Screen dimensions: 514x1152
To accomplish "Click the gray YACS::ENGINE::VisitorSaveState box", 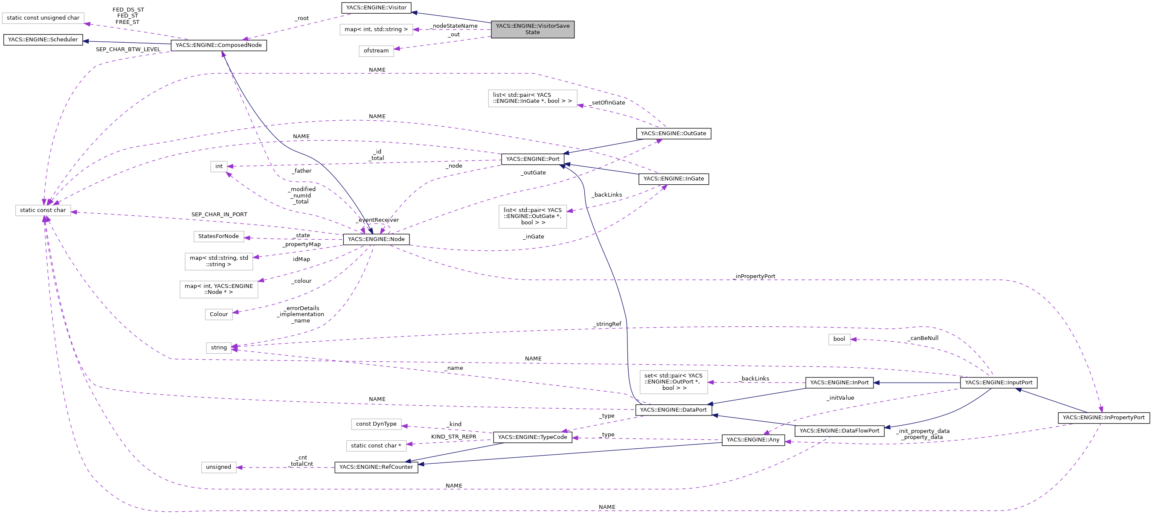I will pyautogui.click(x=532, y=29).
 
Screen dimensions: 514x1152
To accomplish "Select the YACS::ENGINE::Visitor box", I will pyautogui.click(x=376, y=8).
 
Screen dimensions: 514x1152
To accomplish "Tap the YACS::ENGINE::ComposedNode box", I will pyautogui.click(x=219, y=45).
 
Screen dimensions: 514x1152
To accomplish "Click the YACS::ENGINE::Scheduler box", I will pyautogui.click(x=43, y=40).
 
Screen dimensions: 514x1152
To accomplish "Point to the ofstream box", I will pyautogui.click(x=376, y=51).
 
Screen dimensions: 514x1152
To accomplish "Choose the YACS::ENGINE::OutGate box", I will pyautogui.click(x=673, y=134).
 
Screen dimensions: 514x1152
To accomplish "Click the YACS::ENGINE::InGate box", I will pyautogui.click(x=673, y=179).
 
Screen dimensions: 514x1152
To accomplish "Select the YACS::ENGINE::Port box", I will pyautogui.click(x=532, y=159).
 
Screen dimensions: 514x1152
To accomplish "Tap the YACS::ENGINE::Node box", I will pyautogui.click(x=376, y=239).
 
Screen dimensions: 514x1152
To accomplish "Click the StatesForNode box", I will pyautogui.click(x=219, y=236).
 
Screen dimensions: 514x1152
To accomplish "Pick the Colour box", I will pyautogui.click(x=219, y=314).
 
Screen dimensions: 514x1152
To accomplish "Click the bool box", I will pyautogui.click(x=839, y=339).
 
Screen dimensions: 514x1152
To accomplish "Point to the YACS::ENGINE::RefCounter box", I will pyautogui.click(x=376, y=467).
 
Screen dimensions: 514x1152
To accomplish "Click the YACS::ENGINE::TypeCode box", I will pyautogui.click(x=532, y=437).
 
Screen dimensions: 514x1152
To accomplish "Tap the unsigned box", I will pyautogui.click(x=219, y=467).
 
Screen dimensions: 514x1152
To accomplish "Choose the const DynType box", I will pyautogui.click(x=376, y=424).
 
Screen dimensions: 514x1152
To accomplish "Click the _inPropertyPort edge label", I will pyautogui.click(x=755, y=276).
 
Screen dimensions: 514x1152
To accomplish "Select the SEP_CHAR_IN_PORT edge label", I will pyautogui.click(x=219, y=215).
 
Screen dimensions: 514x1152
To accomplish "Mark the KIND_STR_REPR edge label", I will pyautogui.click(x=453, y=437).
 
